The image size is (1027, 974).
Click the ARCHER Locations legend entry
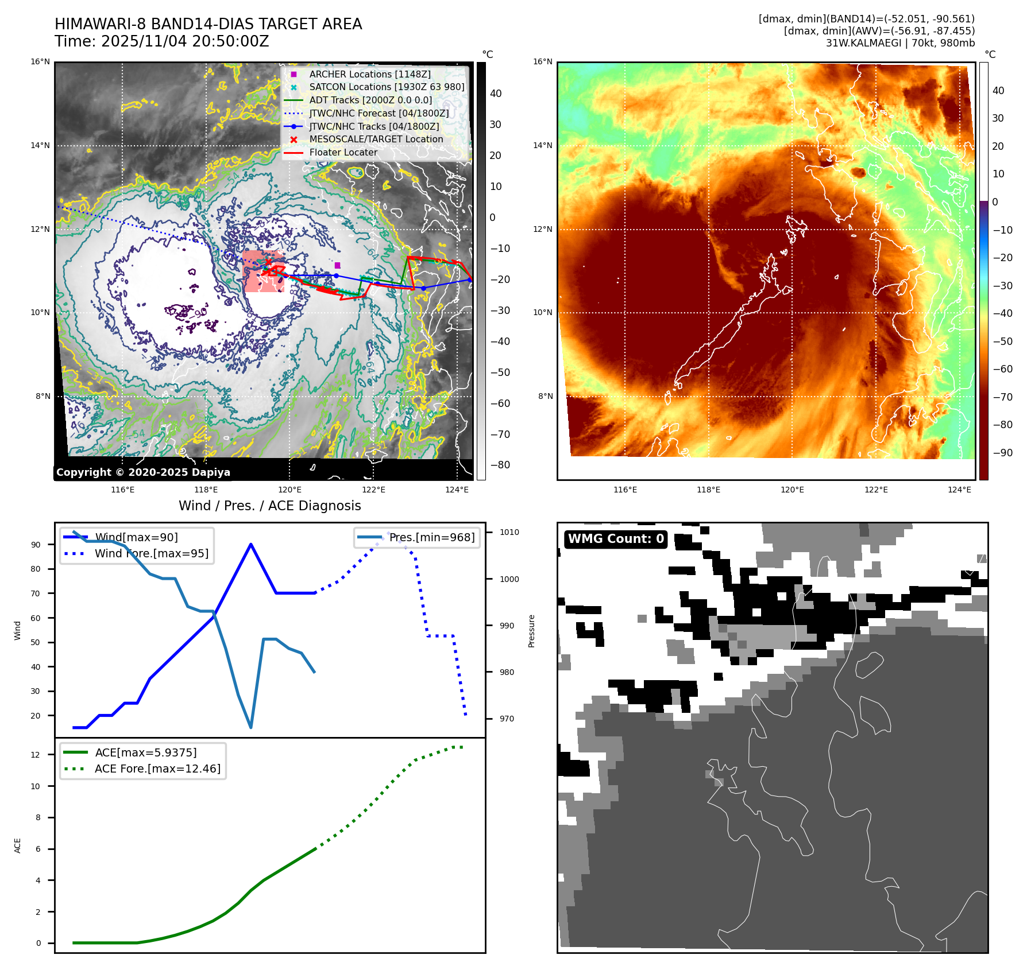point(369,74)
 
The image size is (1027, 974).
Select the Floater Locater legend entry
point(343,152)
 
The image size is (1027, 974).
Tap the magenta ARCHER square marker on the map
point(337,265)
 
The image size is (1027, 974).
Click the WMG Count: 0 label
point(616,539)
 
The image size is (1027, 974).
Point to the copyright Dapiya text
point(143,472)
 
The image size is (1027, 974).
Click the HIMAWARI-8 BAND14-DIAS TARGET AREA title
point(208,24)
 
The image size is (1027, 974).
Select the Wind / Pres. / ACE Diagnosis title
point(269,506)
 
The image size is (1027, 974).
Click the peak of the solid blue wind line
point(251,544)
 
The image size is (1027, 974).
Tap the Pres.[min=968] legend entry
point(431,538)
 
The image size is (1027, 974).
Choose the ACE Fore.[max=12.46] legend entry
point(157,769)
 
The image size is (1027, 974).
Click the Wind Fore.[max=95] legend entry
point(151,553)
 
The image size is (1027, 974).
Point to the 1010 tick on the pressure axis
point(509,532)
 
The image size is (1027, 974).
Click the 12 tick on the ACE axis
point(36,755)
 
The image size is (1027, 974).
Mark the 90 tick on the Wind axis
point(36,545)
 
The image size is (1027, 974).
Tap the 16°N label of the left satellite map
point(40,62)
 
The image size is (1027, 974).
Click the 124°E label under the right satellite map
point(959,490)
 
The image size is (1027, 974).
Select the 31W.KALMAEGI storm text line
point(900,43)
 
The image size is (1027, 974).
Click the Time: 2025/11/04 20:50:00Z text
point(162,41)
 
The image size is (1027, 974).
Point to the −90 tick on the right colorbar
point(1002,452)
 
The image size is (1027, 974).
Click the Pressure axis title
point(531,631)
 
